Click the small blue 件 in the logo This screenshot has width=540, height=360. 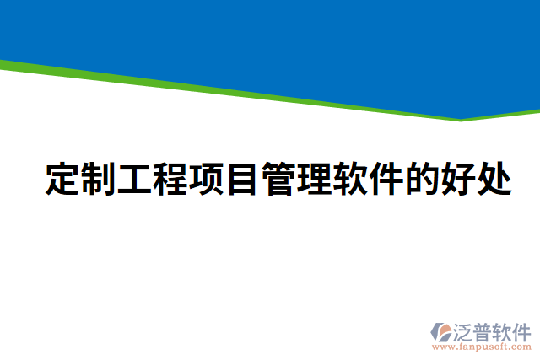point(523,330)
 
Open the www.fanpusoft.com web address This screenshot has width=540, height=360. point(481,347)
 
